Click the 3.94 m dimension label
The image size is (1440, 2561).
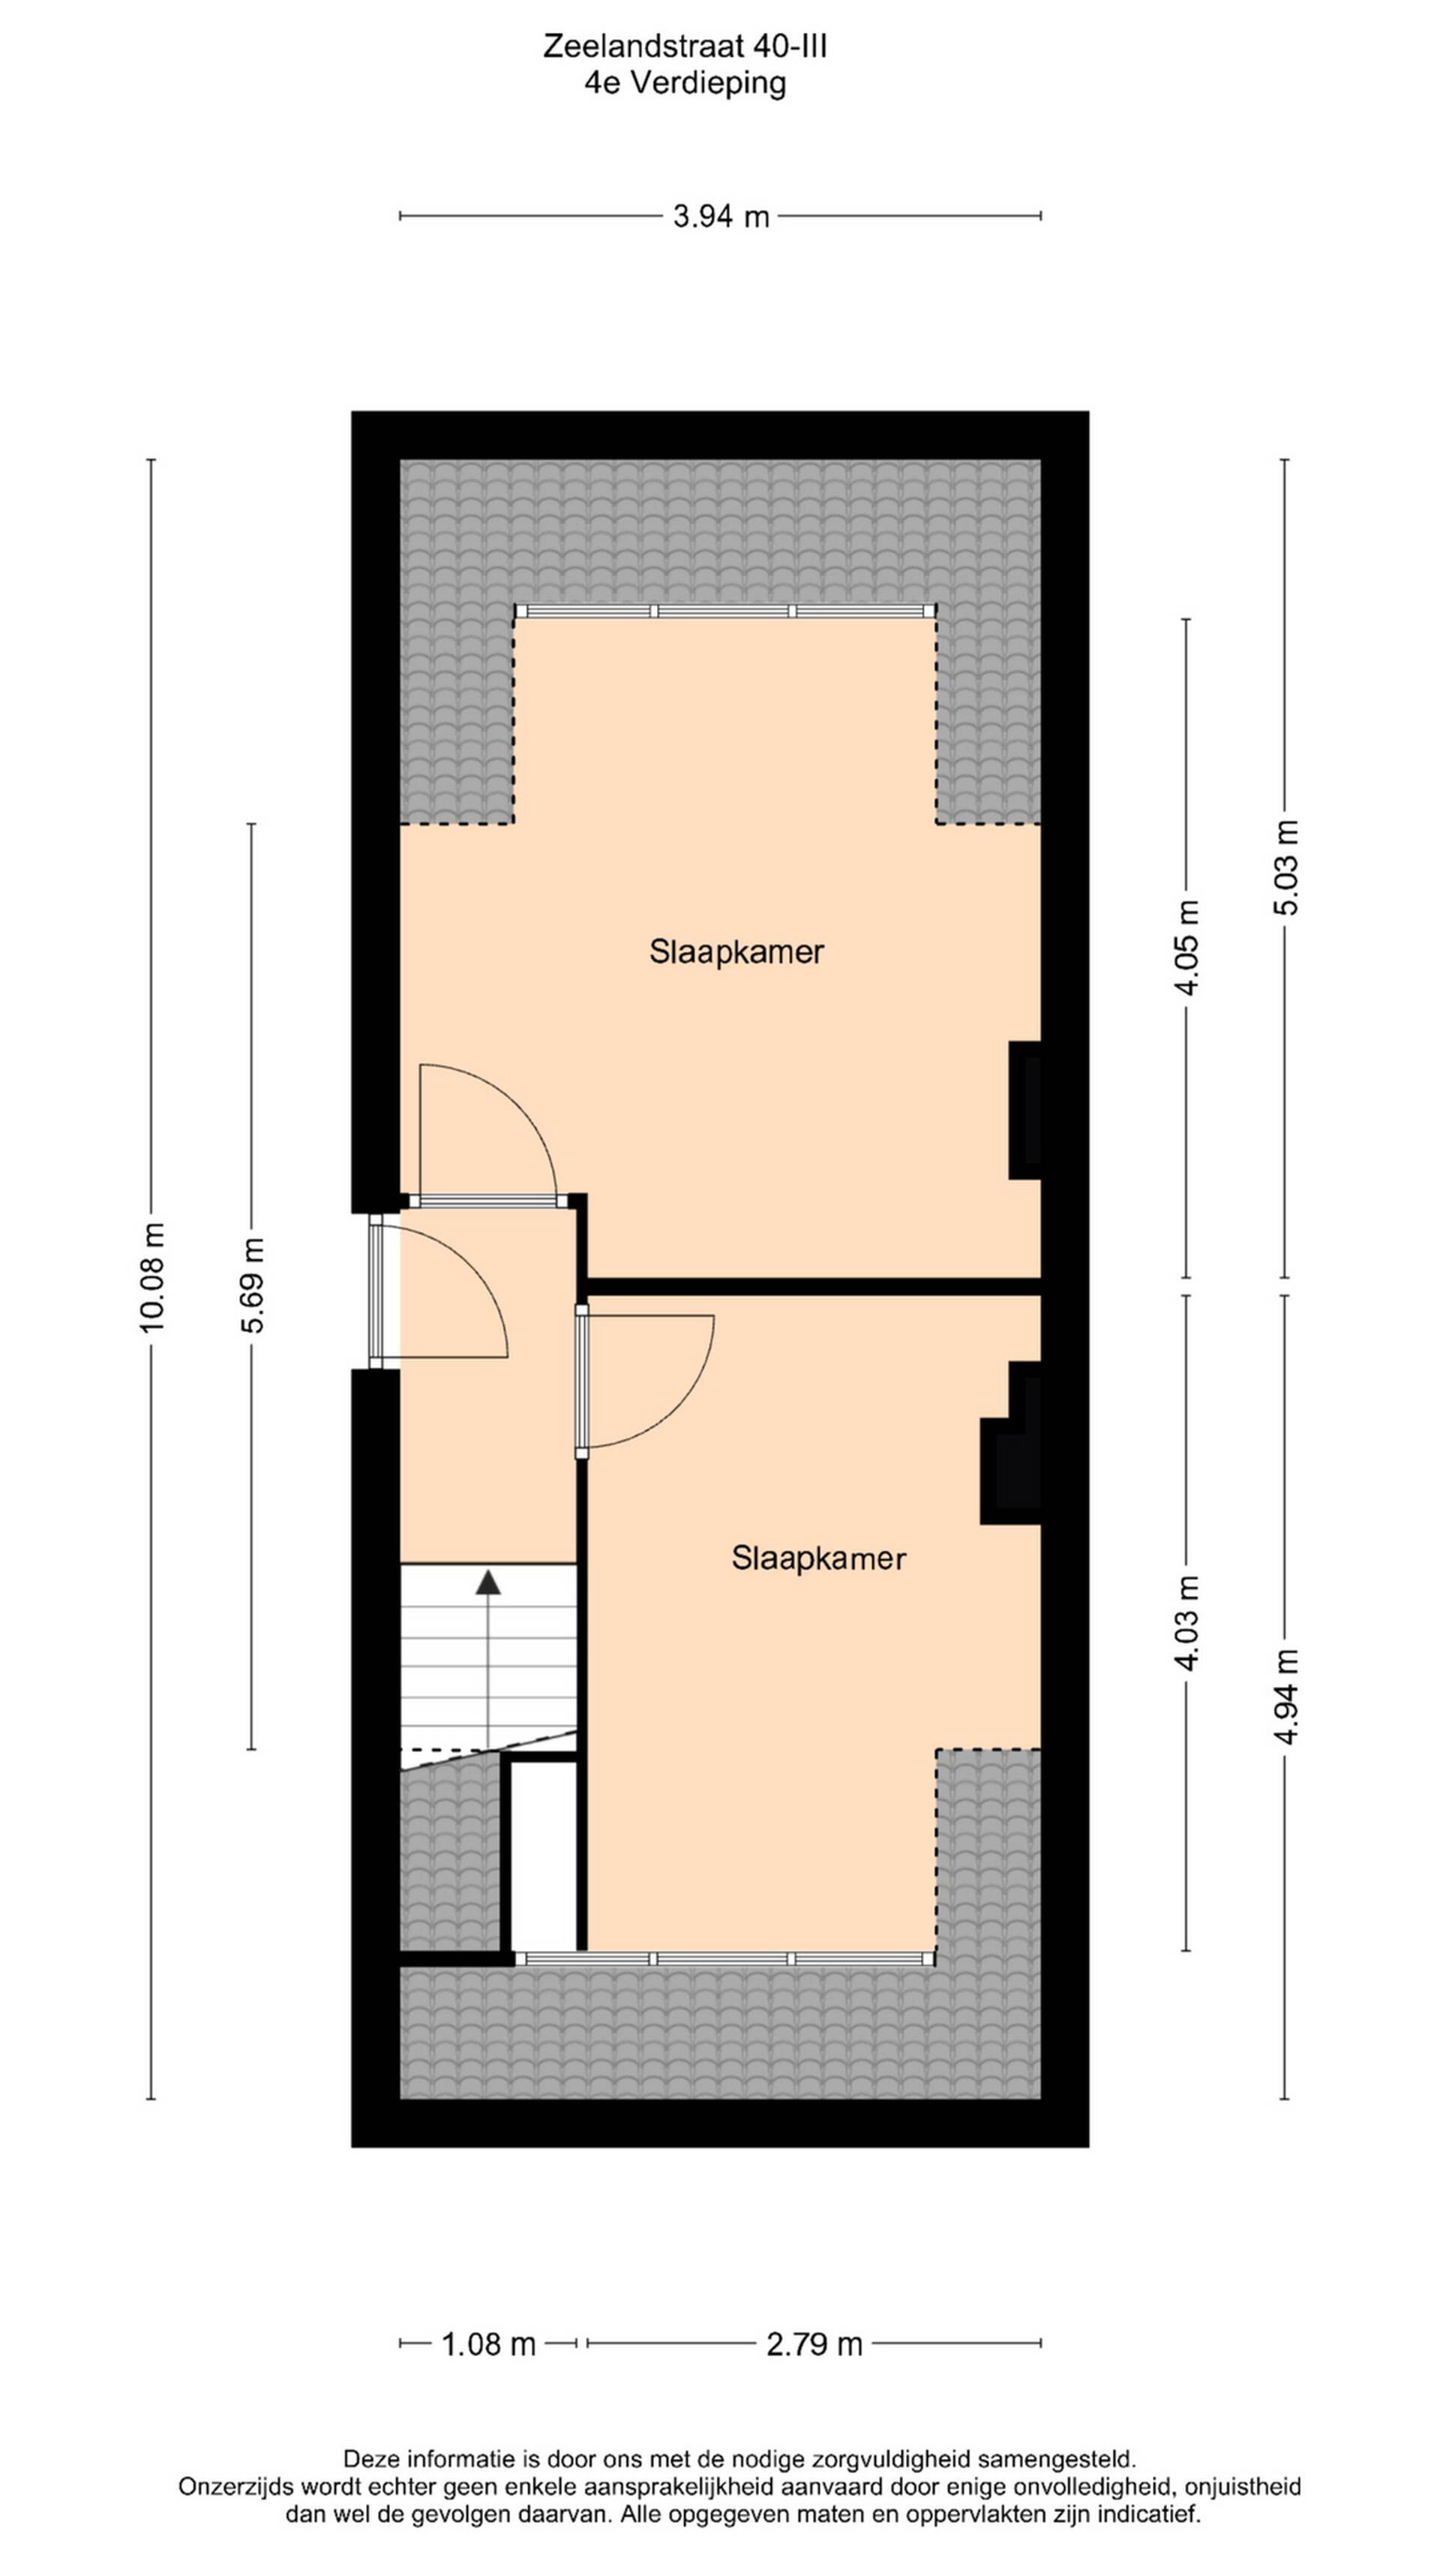point(721,216)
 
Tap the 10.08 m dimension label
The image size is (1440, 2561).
point(152,1278)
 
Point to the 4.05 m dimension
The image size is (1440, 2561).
point(1186,946)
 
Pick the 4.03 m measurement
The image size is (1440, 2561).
point(1186,1624)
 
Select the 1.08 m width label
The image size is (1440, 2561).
point(488,2344)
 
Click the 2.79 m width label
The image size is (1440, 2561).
point(814,2344)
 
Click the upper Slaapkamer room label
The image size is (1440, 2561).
point(736,951)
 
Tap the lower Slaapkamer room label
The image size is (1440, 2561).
point(818,1558)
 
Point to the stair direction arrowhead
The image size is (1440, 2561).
point(488,1582)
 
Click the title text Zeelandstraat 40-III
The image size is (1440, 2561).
point(685,47)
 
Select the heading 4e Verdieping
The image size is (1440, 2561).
point(685,83)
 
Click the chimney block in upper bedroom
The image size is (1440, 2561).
point(1024,1110)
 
